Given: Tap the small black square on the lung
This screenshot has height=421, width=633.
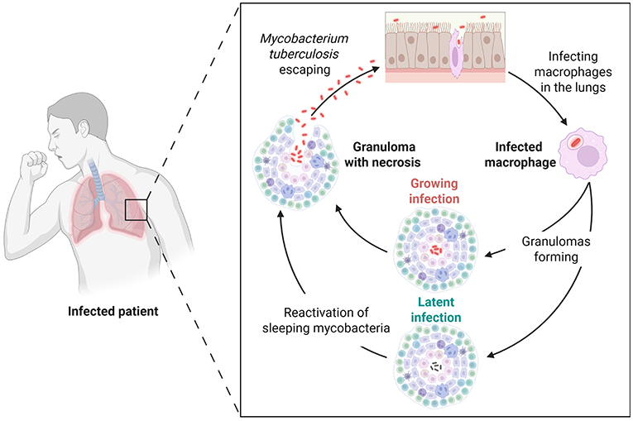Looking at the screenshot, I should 136,210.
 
